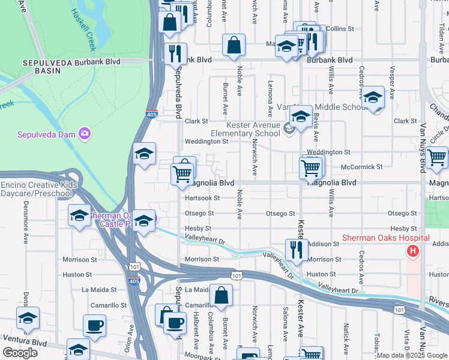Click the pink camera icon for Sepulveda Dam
85,134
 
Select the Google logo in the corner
20,353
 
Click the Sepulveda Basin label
41,66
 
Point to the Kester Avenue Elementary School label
246,129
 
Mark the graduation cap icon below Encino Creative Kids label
79,215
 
